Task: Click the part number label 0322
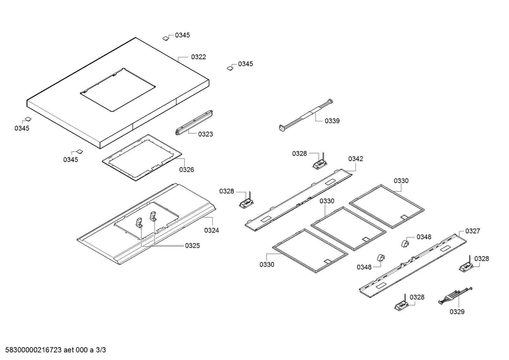[198, 57]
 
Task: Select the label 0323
[205, 134]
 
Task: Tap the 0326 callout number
[187, 170]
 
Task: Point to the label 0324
[212, 230]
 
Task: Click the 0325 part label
[192, 246]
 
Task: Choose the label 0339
[332, 121]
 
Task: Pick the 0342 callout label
[355, 159]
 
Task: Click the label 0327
[472, 231]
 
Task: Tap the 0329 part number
[457, 312]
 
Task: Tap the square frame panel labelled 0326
[142, 158]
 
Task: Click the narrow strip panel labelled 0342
[299, 199]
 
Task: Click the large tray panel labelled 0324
[146, 223]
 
